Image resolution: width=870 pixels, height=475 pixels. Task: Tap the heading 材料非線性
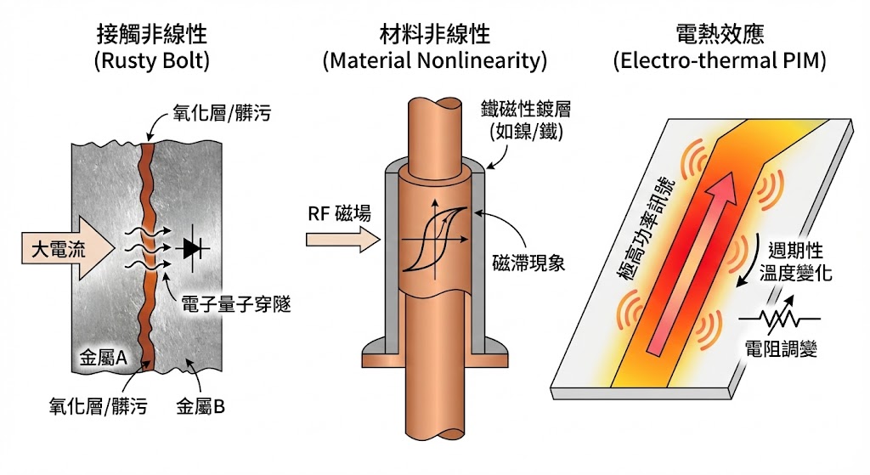click(434, 36)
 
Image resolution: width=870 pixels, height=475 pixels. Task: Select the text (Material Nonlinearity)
click(434, 62)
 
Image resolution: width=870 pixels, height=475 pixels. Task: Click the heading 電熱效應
click(719, 36)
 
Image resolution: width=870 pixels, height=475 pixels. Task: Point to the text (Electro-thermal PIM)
click(719, 62)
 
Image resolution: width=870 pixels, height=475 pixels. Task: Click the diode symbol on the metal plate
click(194, 248)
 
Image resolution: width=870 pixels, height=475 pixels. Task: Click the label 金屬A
click(103, 359)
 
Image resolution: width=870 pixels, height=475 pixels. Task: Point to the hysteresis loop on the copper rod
click(433, 237)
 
